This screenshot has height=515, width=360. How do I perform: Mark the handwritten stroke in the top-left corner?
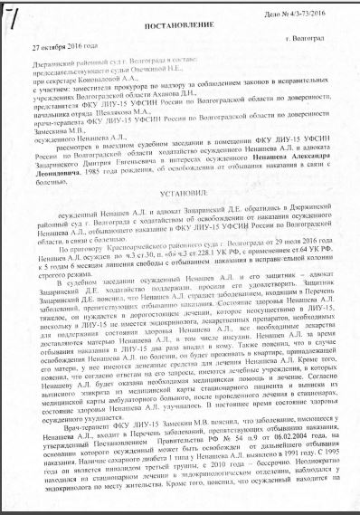[12, 14]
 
